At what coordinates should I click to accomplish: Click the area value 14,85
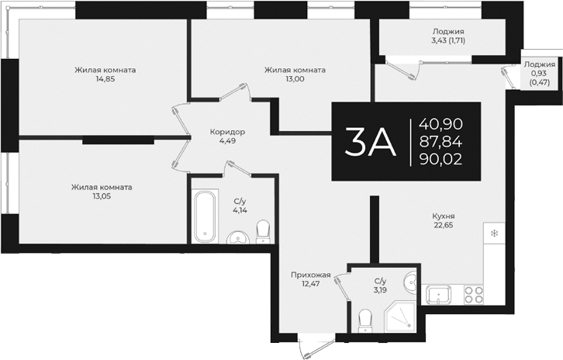point(105,79)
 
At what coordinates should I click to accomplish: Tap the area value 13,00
point(295,79)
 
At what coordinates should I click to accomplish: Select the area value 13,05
point(101,196)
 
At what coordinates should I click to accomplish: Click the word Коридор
point(227,132)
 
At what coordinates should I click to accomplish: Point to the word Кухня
point(444,216)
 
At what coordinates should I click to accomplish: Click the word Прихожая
point(311,275)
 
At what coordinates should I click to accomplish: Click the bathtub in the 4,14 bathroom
point(205,216)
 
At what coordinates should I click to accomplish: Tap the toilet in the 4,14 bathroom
point(263,230)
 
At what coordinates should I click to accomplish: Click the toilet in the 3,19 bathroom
point(367,318)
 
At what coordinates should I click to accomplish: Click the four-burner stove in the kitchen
point(473,295)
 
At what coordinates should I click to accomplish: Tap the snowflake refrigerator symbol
point(492,232)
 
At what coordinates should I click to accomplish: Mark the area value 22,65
point(444,227)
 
